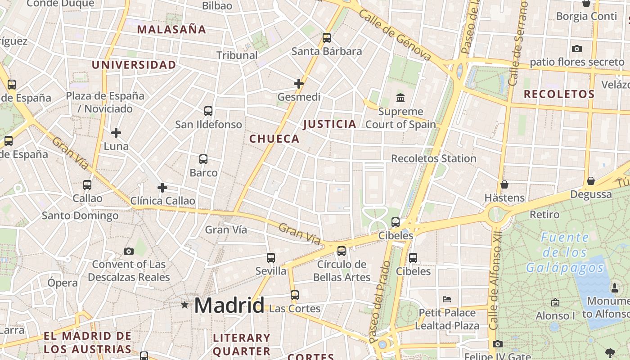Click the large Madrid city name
[229, 306]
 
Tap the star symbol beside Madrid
[184, 305]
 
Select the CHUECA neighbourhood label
[274, 139]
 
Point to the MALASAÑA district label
[171, 30]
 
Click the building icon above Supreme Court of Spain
[400, 98]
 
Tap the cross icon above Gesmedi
[299, 84]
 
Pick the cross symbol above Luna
[116, 133]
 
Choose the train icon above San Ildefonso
[208, 111]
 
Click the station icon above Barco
[203, 159]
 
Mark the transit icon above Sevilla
[271, 258]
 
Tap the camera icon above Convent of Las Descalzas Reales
[129, 251]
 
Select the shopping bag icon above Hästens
[504, 184]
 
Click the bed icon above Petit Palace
[447, 299]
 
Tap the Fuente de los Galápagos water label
[565, 252]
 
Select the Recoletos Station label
[433, 158]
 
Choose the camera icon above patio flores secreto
[577, 49]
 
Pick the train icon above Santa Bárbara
[327, 38]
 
